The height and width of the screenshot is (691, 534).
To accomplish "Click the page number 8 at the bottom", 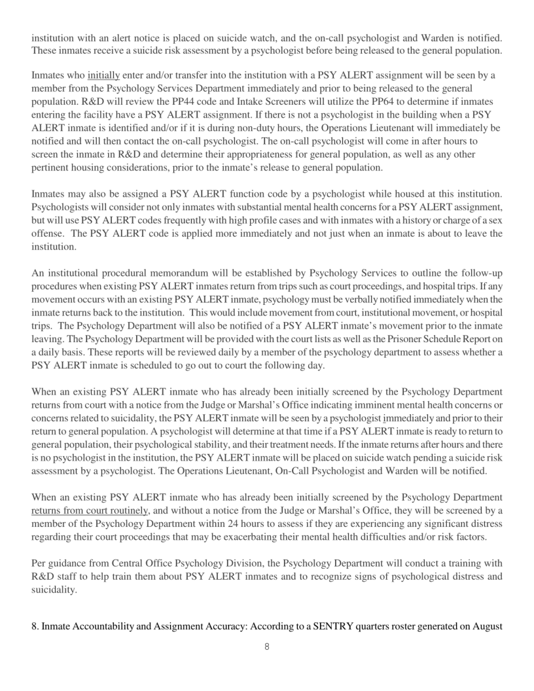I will [267, 665].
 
